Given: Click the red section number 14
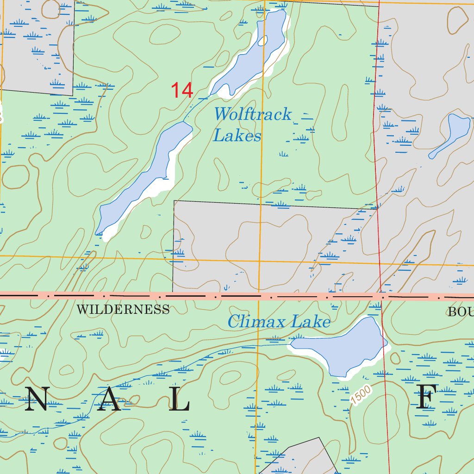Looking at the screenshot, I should coord(182,90).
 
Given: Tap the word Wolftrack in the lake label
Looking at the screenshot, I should coord(253,114).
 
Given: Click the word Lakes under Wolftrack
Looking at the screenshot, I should coord(237,136).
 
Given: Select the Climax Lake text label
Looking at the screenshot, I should coord(279,321).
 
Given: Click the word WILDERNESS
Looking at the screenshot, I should coord(123,310).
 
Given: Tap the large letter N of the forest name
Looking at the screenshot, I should coord(36,399).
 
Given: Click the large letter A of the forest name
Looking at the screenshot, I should coord(109,399).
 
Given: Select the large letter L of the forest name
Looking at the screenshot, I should coord(179,399).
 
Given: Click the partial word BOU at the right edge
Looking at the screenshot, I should coord(460,312).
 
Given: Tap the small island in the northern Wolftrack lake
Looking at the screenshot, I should coord(263,41).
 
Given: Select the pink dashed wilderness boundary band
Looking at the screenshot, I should coord(231,295).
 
